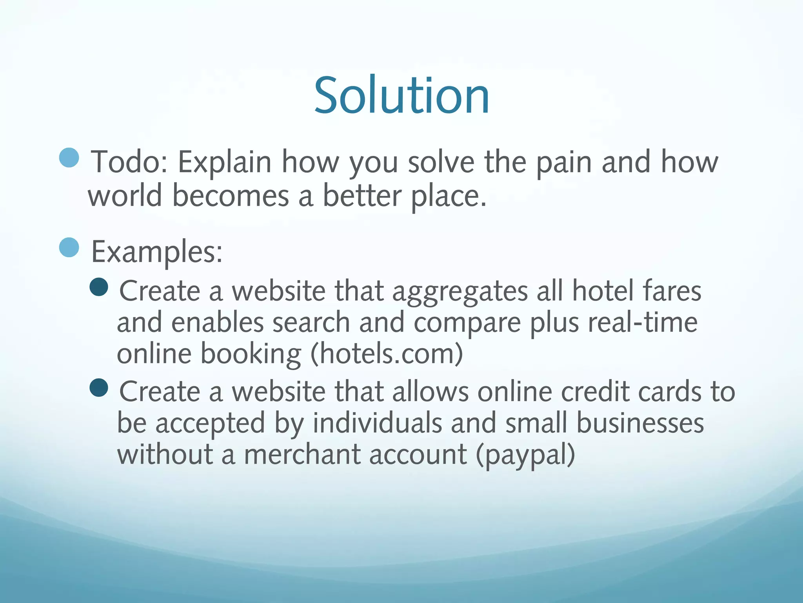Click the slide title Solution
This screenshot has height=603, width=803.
pos(401,95)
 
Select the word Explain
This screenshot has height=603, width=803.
pos(225,162)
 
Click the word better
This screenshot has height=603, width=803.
pos(362,195)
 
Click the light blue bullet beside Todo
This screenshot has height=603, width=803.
pos(69,158)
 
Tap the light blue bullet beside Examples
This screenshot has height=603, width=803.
pos(69,247)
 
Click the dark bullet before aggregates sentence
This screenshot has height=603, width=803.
pos(99,287)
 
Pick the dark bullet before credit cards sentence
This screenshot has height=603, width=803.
pos(99,388)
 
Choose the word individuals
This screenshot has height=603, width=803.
pos(377,423)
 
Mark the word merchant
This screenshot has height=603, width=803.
pos(302,454)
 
